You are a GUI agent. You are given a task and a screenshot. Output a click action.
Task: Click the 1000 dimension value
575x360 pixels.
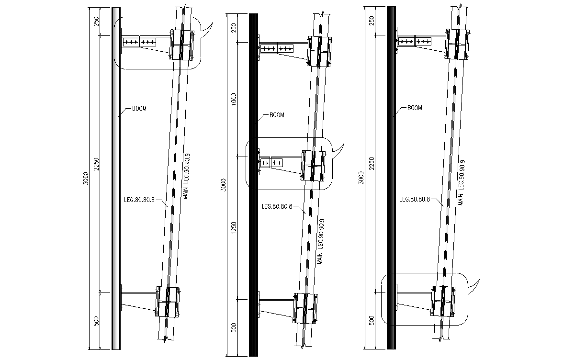(x=234, y=99)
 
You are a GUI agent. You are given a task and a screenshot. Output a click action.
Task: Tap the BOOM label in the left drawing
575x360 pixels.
(x=139, y=108)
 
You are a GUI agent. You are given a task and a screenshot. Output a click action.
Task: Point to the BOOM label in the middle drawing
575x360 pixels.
(x=277, y=115)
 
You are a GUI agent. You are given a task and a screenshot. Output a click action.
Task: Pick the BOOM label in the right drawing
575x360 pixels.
(x=415, y=108)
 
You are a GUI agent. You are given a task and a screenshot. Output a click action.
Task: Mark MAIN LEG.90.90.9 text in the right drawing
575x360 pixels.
(x=462, y=182)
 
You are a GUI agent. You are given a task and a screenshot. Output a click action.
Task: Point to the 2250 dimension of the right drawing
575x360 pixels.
(x=372, y=164)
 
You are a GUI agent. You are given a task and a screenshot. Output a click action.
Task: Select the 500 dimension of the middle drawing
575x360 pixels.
(x=234, y=328)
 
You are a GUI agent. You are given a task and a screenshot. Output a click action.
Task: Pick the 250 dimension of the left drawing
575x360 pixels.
(x=96, y=21)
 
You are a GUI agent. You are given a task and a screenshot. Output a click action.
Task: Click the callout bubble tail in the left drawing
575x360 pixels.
(x=206, y=29)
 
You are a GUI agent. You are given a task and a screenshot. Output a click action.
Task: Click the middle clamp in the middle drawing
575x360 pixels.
(x=314, y=165)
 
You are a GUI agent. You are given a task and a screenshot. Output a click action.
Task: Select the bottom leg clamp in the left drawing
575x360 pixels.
(x=168, y=302)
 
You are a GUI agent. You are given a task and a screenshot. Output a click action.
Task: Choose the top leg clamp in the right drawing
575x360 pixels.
(x=458, y=44)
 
